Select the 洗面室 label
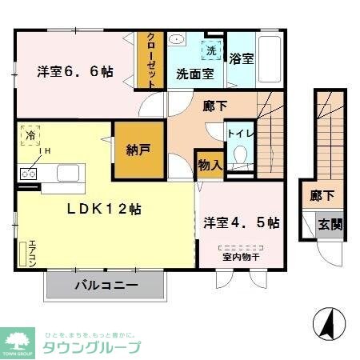point(194,74)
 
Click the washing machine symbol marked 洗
point(211,50)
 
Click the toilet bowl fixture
point(238,157)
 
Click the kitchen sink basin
point(67,173)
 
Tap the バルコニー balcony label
point(106,284)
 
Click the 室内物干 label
point(238,256)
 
